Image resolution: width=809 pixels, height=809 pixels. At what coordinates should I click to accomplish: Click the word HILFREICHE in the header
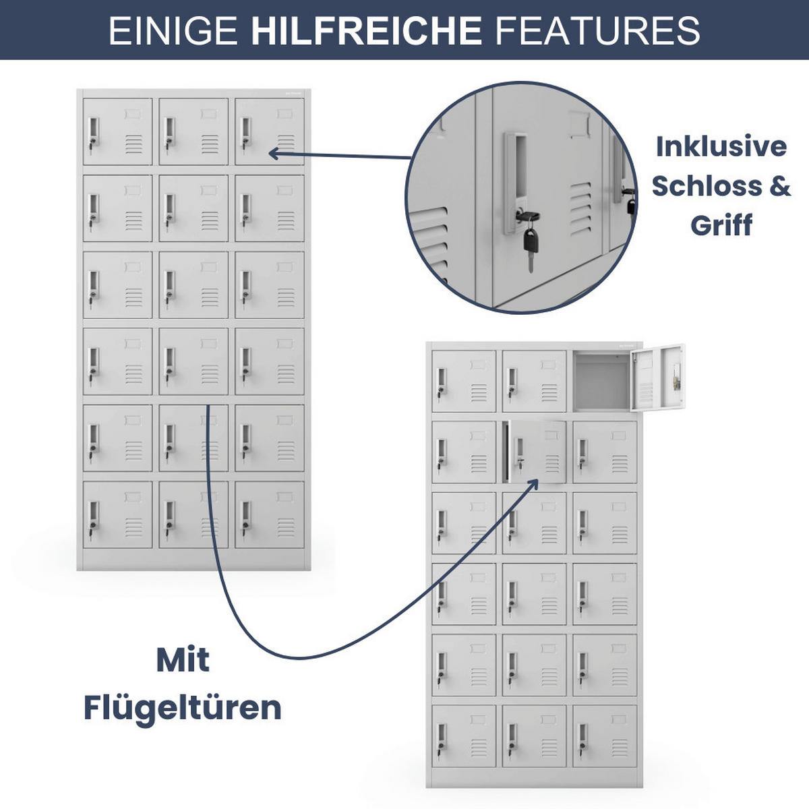[366, 30]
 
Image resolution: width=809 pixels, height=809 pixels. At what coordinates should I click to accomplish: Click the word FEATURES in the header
[597, 30]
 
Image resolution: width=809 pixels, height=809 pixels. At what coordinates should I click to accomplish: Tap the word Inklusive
[721, 146]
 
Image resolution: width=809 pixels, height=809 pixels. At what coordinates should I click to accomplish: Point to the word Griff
[721, 225]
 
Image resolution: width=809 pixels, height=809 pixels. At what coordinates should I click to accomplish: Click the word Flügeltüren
[182, 708]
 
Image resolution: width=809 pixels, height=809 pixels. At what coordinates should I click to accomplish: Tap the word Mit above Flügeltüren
[183, 660]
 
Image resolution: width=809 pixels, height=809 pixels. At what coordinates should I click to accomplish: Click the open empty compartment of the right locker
[601, 382]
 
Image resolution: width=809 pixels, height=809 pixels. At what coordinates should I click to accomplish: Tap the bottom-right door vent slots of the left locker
[286, 527]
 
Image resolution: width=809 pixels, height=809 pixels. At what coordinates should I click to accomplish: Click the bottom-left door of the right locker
[464, 736]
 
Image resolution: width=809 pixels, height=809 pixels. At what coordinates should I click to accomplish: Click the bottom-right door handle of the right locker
[582, 739]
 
